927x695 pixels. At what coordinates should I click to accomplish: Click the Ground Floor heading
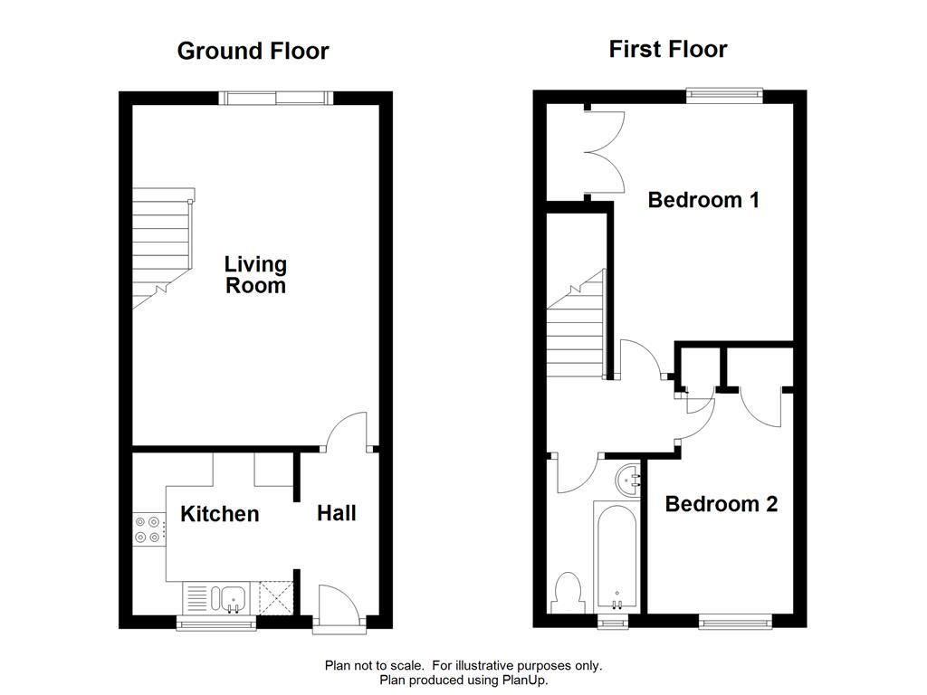pos(253,51)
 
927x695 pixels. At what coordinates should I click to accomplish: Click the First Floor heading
pos(668,49)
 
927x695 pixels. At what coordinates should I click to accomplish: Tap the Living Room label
pos(255,275)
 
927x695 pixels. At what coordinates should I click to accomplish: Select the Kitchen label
pos(220,514)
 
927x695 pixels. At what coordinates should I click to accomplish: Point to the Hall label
pos(337,513)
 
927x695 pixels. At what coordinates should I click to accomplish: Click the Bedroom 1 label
pos(703,200)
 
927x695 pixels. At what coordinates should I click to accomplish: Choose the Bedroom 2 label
pos(722,504)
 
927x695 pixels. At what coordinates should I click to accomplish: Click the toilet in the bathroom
pos(569,591)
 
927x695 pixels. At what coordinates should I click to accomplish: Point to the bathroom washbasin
pos(627,479)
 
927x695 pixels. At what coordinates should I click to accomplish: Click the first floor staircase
pos(575,326)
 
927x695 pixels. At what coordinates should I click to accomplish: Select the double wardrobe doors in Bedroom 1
pos(602,151)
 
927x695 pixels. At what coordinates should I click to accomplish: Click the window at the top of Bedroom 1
pos(724,91)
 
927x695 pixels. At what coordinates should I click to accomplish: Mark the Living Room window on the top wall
pos(278,97)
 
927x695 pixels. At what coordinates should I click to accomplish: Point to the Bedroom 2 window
pos(735,622)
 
